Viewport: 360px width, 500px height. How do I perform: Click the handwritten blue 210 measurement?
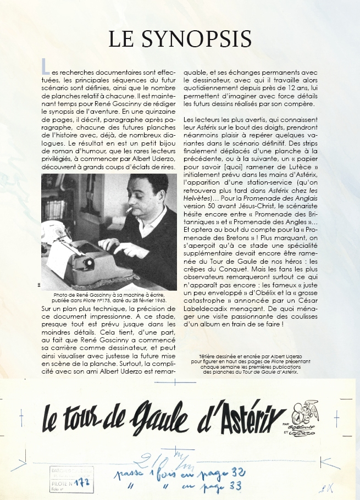coord(165,459)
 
